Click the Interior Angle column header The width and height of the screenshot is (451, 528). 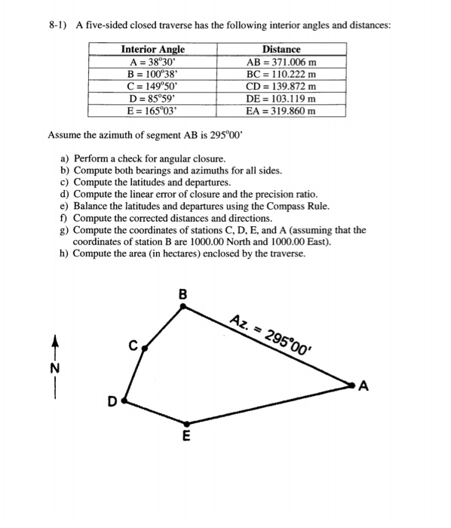153,50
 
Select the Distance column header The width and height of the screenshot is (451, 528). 281,50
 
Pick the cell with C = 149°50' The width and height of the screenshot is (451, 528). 153,87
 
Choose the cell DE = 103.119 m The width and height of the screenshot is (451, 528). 281,99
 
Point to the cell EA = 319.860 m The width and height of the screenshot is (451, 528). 281,110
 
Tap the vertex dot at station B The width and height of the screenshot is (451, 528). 185,306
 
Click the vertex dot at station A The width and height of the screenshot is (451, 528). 352,385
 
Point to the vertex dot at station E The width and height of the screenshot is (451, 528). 186,423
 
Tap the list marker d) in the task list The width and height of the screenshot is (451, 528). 64,194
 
